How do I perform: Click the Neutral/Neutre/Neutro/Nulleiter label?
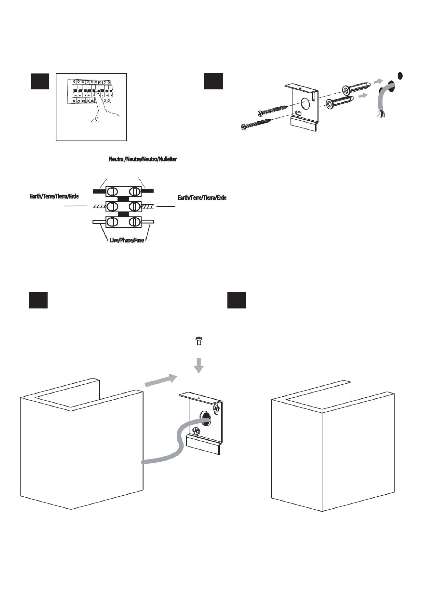coord(143,159)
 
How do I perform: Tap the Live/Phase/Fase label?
coord(127,240)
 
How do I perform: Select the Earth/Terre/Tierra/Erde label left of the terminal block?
coord(54,196)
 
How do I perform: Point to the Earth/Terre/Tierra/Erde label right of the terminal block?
coord(202,198)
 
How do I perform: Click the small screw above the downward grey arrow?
coord(199,341)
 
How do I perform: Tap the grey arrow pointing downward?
coord(199,365)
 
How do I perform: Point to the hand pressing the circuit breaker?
coord(104,108)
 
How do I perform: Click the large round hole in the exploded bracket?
coord(306,103)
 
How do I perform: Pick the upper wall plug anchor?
coord(357,87)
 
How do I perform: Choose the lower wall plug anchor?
coord(340,102)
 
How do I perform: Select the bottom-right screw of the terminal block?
coord(134,222)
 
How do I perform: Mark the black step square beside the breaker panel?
coord(40,81)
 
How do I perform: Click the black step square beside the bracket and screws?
coord(214,81)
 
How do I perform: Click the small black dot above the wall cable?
coord(400,76)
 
